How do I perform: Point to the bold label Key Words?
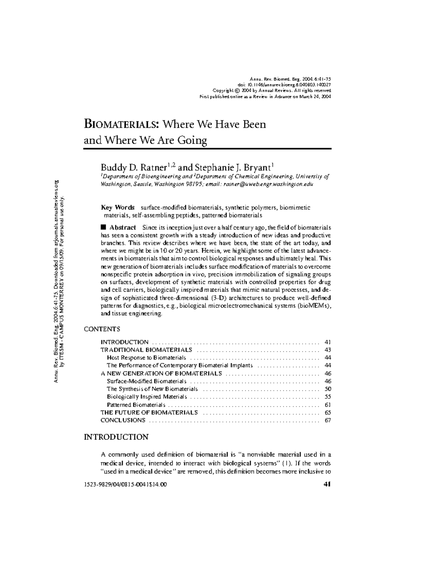(x=118, y=207)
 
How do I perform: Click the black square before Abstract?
(x=103, y=227)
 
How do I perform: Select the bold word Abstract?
(x=123, y=227)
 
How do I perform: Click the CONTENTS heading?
(x=102, y=329)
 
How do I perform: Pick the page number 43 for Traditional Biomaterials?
(x=327, y=350)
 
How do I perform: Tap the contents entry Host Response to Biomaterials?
(x=146, y=358)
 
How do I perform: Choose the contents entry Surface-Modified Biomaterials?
(x=146, y=381)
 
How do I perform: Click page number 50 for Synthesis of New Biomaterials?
(x=327, y=389)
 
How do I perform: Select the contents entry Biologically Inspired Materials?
(x=147, y=397)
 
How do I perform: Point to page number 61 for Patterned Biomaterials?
(x=327, y=405)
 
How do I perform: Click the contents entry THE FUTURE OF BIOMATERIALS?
(x=149, y=413)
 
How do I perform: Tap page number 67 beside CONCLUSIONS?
(x=327, y=420)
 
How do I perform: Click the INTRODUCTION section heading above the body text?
(x=116, y=437)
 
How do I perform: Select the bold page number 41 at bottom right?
(x=327, y=484)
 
